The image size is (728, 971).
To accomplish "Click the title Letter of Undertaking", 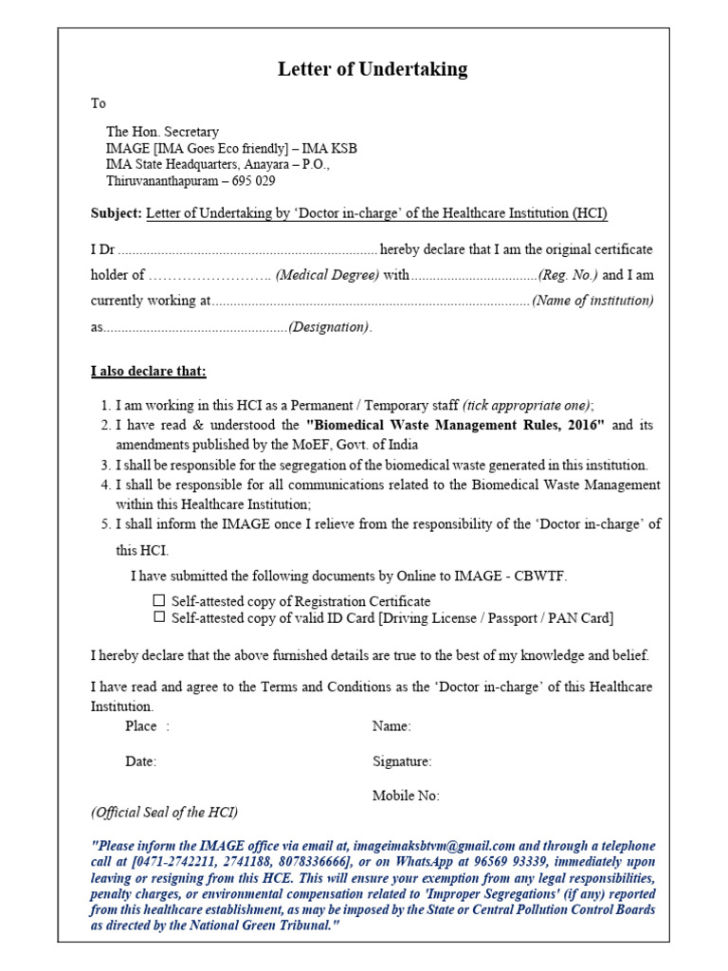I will [372, 69].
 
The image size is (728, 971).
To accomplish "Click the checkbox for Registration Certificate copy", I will [159, 601].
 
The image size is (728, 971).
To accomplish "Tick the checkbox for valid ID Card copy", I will [159, 617].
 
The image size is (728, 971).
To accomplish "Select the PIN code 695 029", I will [251, 180].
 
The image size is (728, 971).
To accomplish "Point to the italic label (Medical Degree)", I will [328, 276].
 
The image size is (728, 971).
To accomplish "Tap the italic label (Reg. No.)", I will [568, 276].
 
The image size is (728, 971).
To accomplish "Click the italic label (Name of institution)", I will [592, 302].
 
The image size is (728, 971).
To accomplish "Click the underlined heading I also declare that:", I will [148, 371].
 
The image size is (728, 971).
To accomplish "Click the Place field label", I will [141, 727].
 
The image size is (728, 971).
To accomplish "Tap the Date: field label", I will [141, 761].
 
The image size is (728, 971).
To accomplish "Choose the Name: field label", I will [391, 727].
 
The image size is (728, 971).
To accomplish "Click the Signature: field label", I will [402, 761].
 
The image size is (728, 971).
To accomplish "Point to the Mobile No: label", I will [406, 797].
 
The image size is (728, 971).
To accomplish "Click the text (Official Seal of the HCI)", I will [164, 813].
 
